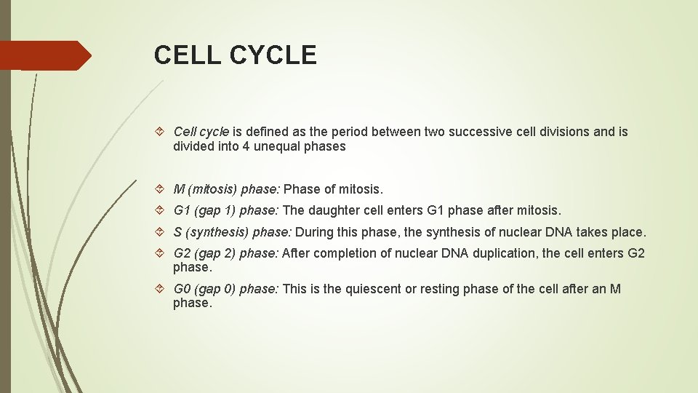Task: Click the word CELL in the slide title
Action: [187, 55]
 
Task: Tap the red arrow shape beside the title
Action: [45, 55]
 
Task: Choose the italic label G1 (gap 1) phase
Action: [225, 211]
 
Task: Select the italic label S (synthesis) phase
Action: [232, 232]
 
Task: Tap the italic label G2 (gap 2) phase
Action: [225, 253]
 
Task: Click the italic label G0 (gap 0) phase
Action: [225, 289]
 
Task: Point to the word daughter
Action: [334, 211]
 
